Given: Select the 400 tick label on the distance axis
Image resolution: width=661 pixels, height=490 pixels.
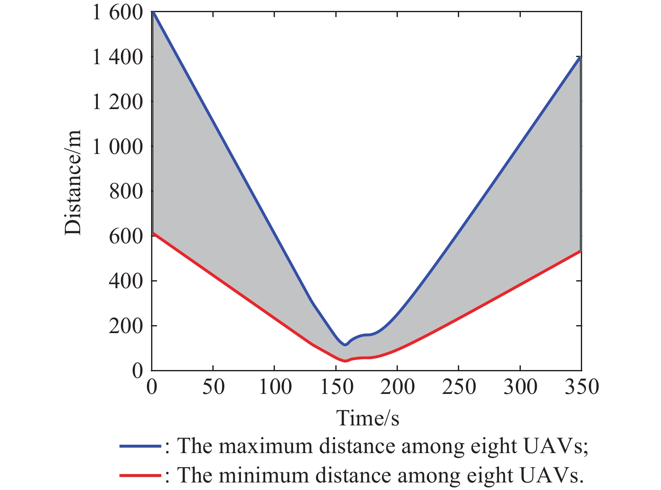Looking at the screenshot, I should [x=125, y=281].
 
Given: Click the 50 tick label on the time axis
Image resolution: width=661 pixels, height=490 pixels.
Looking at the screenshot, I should [x=213, y=386].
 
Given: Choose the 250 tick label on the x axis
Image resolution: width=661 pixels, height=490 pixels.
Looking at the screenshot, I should [x=459, y=386].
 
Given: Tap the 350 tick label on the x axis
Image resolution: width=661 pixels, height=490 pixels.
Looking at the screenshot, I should [x=581, y=386].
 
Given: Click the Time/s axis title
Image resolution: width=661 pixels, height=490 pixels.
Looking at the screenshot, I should [x=368, y=418].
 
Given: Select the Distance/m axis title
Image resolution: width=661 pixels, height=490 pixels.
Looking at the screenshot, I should [x=73, y=182].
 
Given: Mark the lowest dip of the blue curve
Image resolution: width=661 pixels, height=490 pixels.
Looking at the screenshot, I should [x=345, y=345].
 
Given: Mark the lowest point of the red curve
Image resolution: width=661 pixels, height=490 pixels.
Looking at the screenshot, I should [x=345, y=361].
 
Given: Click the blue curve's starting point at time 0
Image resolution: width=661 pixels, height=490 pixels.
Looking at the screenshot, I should [x=153, y=13].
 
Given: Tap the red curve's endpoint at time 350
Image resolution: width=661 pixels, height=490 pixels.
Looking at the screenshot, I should [x=580, y=251].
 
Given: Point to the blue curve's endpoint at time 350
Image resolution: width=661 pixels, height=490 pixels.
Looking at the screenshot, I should [x=580, y=57].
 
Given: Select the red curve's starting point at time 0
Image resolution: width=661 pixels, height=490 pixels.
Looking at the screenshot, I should [x=153, y=233].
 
